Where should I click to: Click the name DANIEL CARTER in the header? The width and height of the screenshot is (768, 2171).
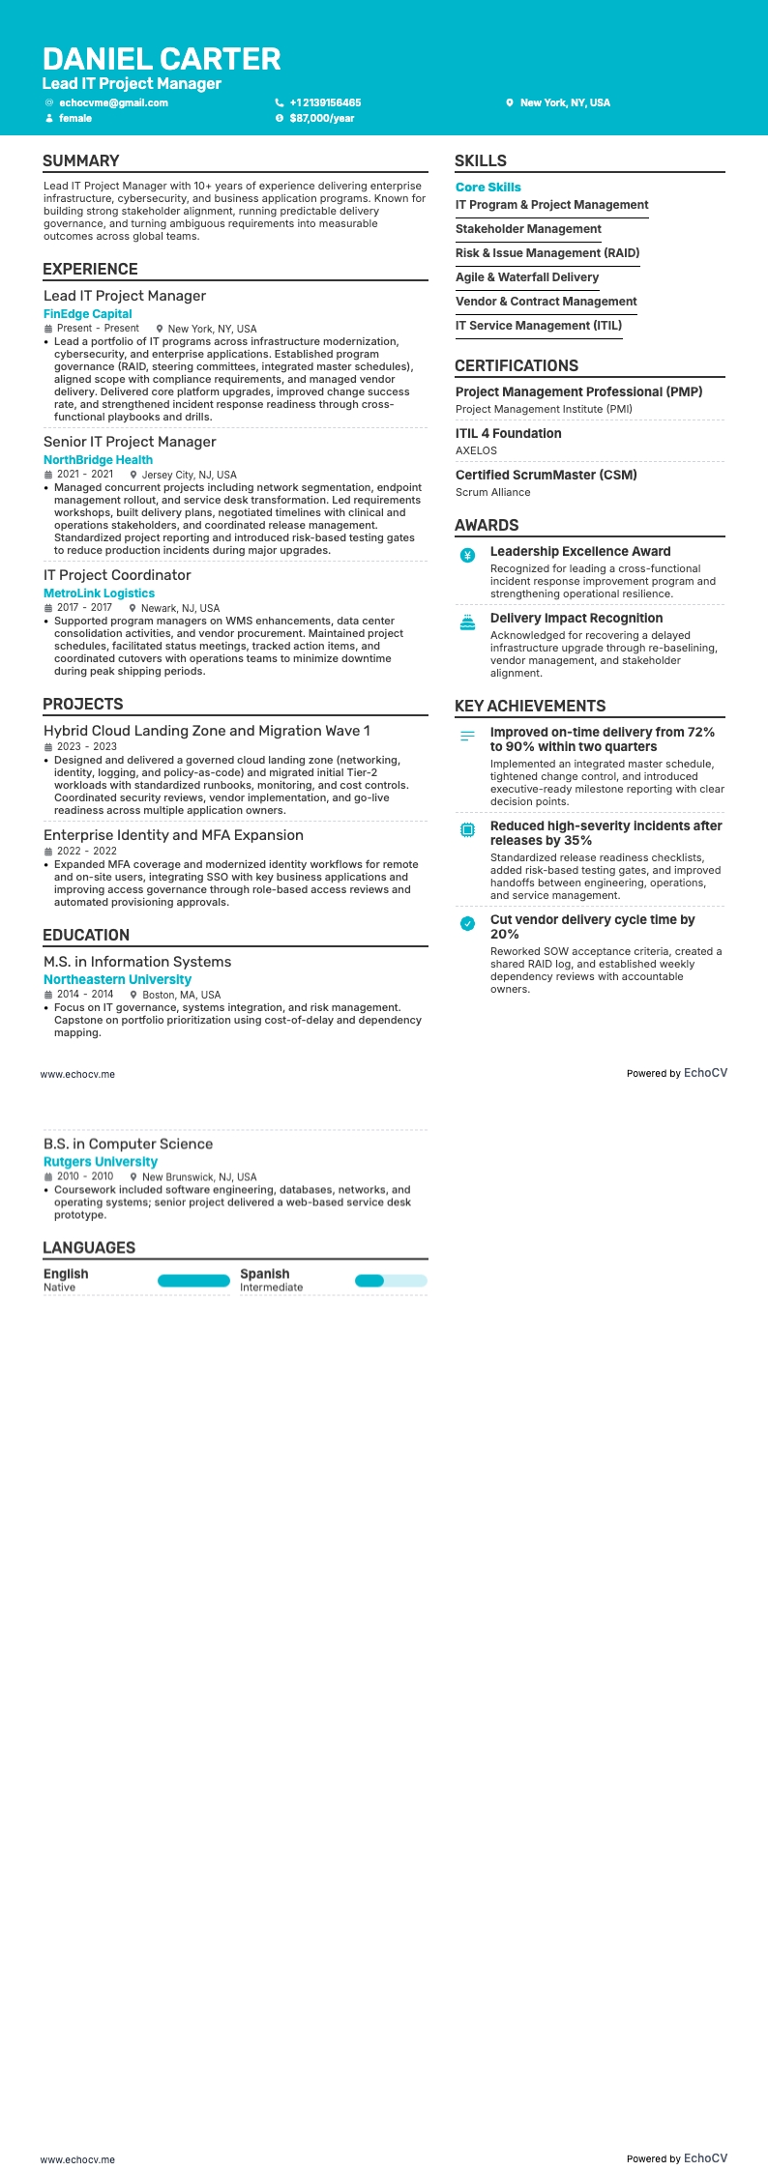(x=162, y=59)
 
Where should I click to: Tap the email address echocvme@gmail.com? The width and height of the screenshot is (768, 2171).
(x=113, y=102)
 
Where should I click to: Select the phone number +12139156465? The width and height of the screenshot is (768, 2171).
(x=325, y=102)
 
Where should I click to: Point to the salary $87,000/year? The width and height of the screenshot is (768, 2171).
(x=321, y=118)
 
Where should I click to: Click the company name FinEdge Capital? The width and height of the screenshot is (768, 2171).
(x=88, y=314)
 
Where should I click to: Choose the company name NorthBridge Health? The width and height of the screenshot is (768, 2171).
(x=98, y=460)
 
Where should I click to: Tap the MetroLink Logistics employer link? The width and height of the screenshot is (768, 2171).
(x=99, y=593)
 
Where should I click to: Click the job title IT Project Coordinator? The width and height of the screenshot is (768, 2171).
(x=117, y=575)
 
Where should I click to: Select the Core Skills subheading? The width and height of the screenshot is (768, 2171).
(x=488, y=188)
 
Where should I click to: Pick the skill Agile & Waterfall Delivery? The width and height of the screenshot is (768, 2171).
(x=527, y=277)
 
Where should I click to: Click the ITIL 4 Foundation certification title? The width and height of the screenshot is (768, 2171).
(x=509, y=434)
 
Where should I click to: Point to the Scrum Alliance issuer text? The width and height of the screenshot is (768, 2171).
(x=493, y=492)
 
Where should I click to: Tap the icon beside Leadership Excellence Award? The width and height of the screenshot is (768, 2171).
(x=468, y=555)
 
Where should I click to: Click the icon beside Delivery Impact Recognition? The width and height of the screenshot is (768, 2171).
(x=468, y=622)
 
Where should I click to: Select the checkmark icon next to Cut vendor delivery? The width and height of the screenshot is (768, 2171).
(x=468, y=923)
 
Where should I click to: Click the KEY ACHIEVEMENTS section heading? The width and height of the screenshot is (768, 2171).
(x=530, y=706)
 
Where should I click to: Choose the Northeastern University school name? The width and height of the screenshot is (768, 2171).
(x=117, y=979)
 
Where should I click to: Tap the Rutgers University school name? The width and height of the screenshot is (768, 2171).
(x=101, y=1162)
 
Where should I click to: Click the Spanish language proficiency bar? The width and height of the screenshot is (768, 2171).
(x=391, y=1281)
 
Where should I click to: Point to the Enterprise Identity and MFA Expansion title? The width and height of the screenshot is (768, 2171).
(x=173, y=835)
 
